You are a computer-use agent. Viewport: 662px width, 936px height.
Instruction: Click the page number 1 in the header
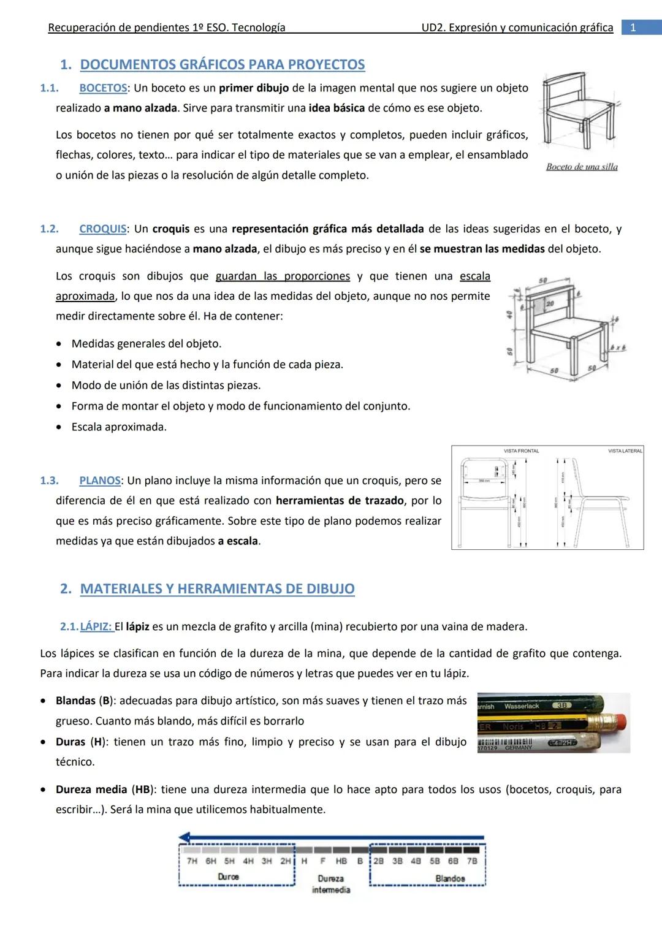coord(633,28)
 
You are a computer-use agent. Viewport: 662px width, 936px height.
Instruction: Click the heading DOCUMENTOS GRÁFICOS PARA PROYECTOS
coord(222,64)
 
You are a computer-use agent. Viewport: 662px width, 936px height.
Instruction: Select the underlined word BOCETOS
coord(103,88)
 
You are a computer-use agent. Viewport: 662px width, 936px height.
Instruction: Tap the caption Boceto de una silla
coord(582,167)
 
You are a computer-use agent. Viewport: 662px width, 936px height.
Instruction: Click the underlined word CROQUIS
coord(102,229)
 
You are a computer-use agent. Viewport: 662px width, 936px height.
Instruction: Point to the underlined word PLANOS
coord(99,480)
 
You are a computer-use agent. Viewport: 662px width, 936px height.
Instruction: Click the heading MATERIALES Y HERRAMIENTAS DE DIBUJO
coord(217,588)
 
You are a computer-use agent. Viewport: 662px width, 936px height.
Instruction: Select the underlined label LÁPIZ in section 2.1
coord(96,626)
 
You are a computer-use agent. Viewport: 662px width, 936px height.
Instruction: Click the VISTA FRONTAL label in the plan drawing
coord(521,451)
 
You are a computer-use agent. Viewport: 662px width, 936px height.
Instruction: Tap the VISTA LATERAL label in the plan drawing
coord(625,451)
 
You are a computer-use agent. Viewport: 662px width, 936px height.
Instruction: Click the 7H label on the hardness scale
coord(192,861)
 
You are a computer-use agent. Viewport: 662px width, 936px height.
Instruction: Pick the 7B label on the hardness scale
coord(471,861)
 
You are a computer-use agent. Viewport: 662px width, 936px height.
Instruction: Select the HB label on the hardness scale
coord(341,861)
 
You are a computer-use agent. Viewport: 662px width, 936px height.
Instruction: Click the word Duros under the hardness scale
coord(228,877)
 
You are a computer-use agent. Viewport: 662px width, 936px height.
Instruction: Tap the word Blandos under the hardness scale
coord(449,878)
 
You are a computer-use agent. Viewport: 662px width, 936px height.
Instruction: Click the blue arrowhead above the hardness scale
coord(185,837)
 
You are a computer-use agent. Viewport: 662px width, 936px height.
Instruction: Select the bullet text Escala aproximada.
coord(119,427)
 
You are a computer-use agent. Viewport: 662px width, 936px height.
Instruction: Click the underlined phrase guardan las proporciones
coord(283,276)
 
